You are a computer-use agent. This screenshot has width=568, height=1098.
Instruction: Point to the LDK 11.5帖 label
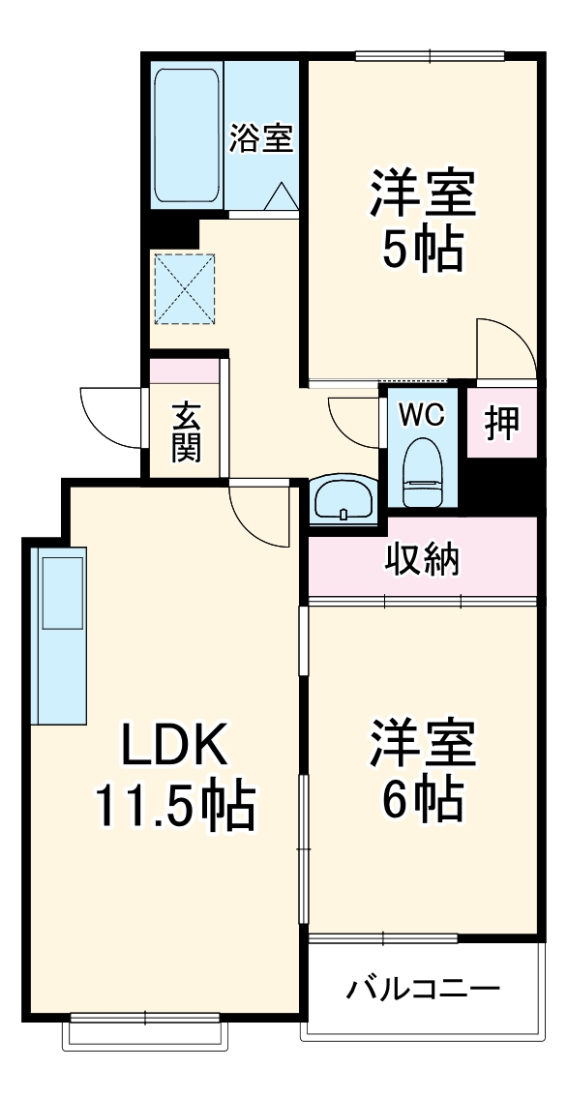(174, 777)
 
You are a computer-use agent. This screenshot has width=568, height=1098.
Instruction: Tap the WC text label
(422, 415)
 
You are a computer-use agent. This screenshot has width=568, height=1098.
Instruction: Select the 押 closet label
(501, 423)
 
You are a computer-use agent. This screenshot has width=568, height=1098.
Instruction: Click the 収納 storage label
(422, 558)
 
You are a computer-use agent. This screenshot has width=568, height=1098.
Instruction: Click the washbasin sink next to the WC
(344, 500)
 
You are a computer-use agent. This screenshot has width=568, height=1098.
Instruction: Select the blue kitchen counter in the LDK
(59, 634)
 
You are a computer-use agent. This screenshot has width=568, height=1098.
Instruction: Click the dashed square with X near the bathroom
(184, 287)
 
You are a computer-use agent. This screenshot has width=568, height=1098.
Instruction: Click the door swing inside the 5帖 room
(503, 348)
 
